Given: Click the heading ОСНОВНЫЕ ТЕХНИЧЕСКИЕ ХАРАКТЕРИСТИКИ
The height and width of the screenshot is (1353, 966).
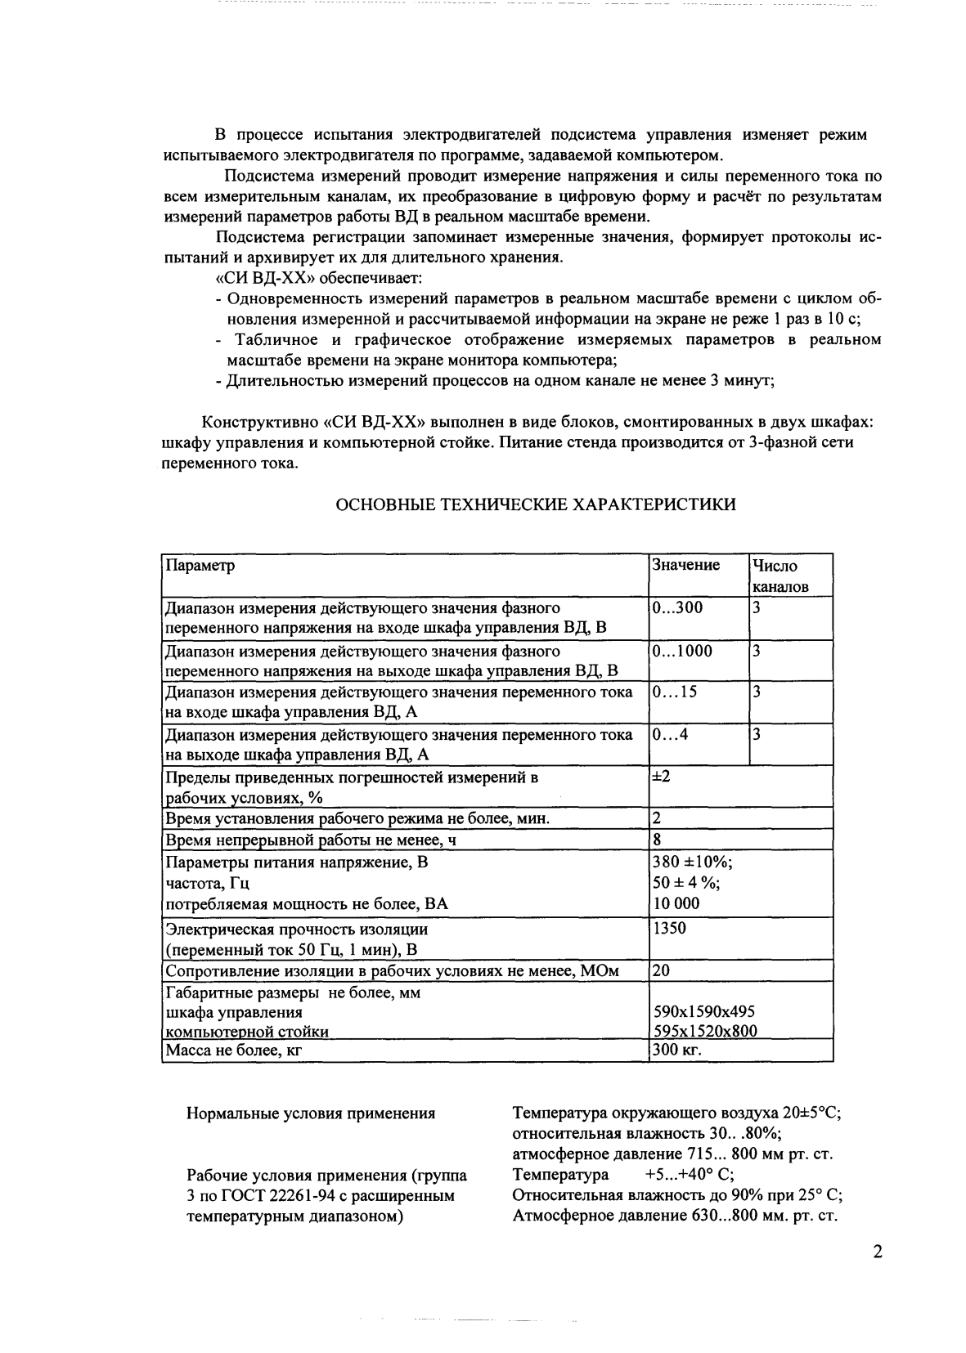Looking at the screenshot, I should click(536, 504).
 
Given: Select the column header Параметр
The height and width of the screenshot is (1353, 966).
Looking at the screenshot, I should click(200, 566).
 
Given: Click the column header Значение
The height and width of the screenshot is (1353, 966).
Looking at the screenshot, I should click(685, 565).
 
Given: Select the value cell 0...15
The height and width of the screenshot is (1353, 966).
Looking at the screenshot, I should click(675, 692).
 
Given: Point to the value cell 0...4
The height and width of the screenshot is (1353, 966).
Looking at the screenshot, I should click(670, 734).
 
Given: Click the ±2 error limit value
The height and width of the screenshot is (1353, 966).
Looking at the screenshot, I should click(661, 776).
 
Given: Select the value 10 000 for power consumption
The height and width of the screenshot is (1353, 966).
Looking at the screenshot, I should click(676, 903).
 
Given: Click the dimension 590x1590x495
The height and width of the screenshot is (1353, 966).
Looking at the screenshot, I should click(703, 1011).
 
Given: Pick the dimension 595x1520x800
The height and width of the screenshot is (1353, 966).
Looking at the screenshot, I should click(703, 1031).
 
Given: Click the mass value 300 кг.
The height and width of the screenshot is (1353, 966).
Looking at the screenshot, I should click(677, 1050).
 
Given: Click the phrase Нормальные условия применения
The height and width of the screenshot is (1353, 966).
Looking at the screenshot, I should click(311, 1113).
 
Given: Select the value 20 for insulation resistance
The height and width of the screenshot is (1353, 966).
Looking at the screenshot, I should click(661, 970).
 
